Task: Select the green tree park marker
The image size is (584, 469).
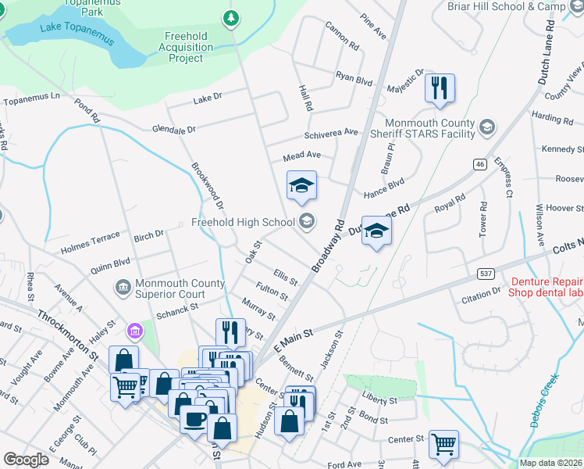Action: coord(230,16)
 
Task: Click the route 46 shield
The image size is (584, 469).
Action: coord(479,164)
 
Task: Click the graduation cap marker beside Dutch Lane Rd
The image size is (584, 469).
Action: coord(376,231)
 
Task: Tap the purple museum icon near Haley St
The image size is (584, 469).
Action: coord(137,332)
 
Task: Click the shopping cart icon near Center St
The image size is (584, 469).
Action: coord(443,443)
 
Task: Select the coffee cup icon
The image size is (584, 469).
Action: coord(194,417)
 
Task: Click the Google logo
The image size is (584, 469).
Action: coord(26,460)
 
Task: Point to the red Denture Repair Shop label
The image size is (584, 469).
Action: coord(546,288)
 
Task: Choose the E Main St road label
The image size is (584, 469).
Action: coord(293,339)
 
